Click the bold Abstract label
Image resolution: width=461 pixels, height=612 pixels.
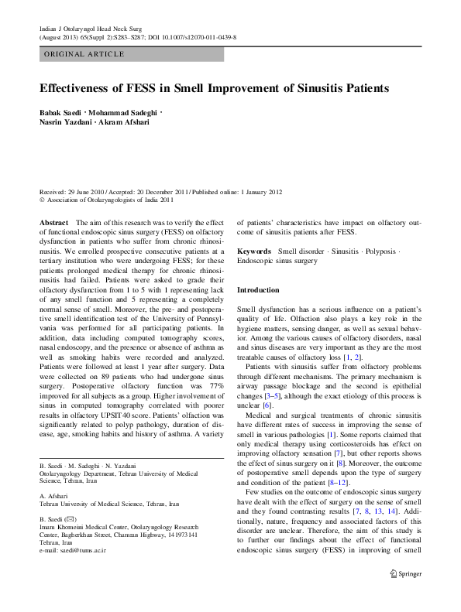coord(53,222)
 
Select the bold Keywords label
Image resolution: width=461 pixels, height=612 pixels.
coord(254,251)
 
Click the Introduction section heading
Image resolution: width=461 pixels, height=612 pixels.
coord(258,289)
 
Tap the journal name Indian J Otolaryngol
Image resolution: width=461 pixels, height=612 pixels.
coord(74,28)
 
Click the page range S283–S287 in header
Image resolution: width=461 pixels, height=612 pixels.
coord(137,36)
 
